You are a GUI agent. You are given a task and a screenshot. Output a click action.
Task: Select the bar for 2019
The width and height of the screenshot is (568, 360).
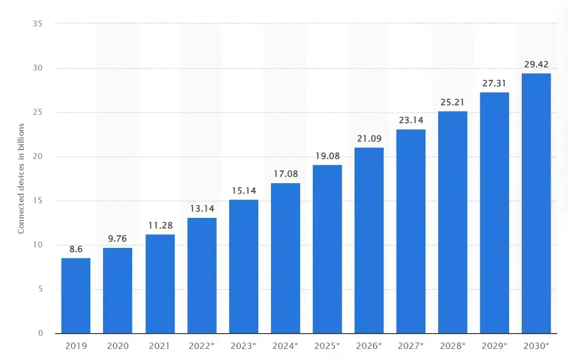[76, 295]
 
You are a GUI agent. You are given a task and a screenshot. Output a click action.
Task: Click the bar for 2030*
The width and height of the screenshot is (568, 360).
[536, 203]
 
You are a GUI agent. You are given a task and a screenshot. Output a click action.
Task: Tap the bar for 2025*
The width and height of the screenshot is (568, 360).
[327, 249]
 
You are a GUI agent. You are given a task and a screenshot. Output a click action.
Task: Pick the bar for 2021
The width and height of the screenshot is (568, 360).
[160, 284]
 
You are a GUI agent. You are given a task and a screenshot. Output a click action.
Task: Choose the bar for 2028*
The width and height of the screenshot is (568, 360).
[452, 222]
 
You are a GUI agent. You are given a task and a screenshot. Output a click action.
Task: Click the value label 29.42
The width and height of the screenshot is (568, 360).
[536, 65]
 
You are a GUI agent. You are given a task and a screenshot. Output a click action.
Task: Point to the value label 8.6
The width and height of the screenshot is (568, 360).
[76, 249]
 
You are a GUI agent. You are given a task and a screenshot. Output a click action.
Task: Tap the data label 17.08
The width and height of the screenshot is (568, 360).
[285, 173]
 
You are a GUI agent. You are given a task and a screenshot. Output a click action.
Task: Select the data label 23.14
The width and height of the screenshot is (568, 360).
[411, 120]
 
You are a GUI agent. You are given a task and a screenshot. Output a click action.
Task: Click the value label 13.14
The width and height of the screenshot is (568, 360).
[202, 208]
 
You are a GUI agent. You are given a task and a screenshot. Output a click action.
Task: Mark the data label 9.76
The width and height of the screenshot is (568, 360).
[118, 239]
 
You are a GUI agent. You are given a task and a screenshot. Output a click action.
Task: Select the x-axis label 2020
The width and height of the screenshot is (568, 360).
[118, 346]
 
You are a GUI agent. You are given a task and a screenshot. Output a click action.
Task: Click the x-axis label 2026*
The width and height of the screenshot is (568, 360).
[369, 346]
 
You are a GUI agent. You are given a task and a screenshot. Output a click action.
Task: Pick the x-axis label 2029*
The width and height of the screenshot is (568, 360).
[494, 346]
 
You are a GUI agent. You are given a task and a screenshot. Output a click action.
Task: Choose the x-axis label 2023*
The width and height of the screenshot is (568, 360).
[244, 346]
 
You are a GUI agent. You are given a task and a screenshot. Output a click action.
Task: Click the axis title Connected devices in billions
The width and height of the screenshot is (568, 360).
[22, 178]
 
